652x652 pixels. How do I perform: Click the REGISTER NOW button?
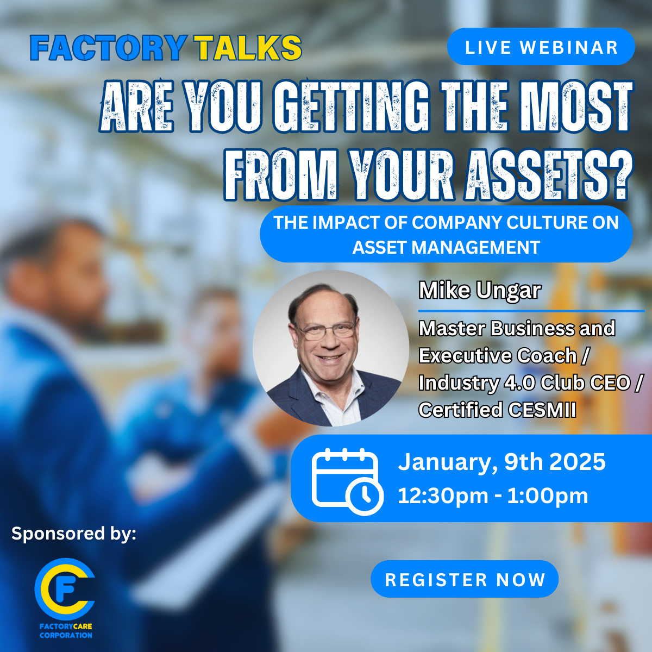[x=465, y=579]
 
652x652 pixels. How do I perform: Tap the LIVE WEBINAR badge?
[x=541, y=47]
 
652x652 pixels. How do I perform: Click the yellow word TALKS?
[x=247, y=48]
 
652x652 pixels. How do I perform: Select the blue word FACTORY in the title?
[x=109, y=48]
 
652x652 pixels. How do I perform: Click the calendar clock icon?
[x=347, y=482]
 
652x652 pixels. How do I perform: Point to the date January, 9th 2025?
[x=501, y=462]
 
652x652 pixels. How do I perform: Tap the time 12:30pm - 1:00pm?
[x=493, y=496]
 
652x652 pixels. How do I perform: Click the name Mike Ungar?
[x=480, y=291]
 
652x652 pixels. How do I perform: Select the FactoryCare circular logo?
[x=65, y=589]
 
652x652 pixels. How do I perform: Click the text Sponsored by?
[x=74, y=534]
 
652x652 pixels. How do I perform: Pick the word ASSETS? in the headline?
[x=548, y=174]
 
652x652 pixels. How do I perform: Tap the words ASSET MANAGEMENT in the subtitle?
[x=446, y=247]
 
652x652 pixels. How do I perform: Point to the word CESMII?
[x=542, y=410]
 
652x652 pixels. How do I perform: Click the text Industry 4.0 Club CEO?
[x=525, y=383]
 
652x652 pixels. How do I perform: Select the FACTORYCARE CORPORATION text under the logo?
[x=66, y=631]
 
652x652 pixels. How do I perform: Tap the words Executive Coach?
[x=498, y=355]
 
